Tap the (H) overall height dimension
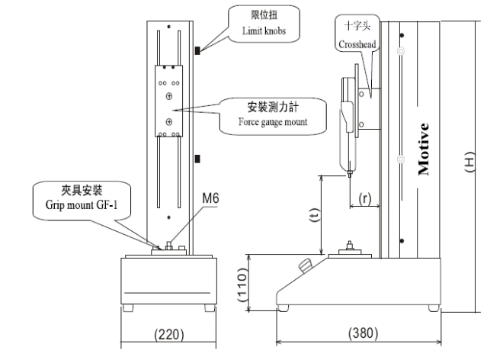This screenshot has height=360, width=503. point(470,165)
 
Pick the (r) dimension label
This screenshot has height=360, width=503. point(364,198)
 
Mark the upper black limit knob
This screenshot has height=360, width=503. point(197,51)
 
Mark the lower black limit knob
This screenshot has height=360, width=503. point(197,158)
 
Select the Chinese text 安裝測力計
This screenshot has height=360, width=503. point(259,108)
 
